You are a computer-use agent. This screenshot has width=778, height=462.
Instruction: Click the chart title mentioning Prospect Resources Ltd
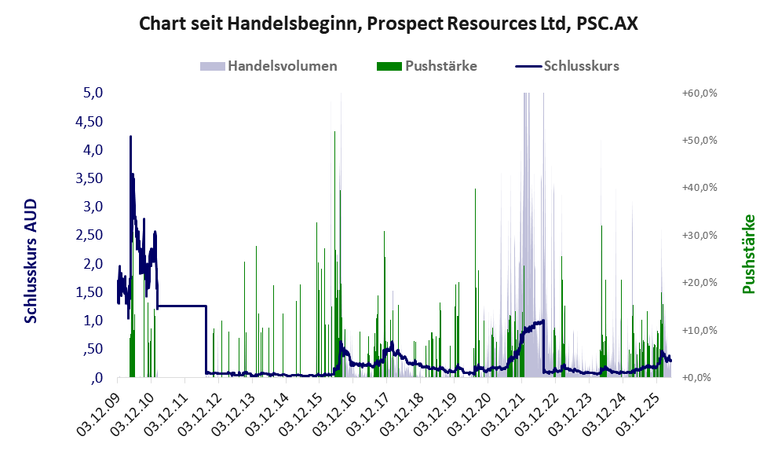click(x=388, y=24)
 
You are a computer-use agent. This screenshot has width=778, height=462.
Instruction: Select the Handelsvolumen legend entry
click(x=268, y=66)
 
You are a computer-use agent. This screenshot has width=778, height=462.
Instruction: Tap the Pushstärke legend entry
click(x=427, y=66)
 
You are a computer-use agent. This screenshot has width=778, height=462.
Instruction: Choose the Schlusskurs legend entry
click(x=567, y=66)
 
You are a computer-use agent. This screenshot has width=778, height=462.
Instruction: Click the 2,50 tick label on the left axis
click(x=89, y=234)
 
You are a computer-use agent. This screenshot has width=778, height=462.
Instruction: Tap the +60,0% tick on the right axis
click(x=699, y=93)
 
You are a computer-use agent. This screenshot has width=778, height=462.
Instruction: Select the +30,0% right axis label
click(x=699, y=235)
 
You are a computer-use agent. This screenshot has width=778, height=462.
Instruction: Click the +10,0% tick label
click(x=699, y=330)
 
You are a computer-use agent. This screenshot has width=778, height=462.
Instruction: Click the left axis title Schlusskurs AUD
click(x=31, y=261)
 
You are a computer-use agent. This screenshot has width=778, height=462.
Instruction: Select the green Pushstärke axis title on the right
click(x=749, y=254)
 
